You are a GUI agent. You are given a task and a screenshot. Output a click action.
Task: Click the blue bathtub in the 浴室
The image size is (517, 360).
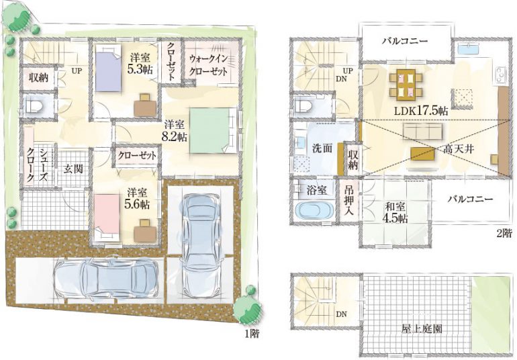(314, 208)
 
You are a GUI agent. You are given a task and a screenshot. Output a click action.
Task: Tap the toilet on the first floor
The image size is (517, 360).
(34, 105)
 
